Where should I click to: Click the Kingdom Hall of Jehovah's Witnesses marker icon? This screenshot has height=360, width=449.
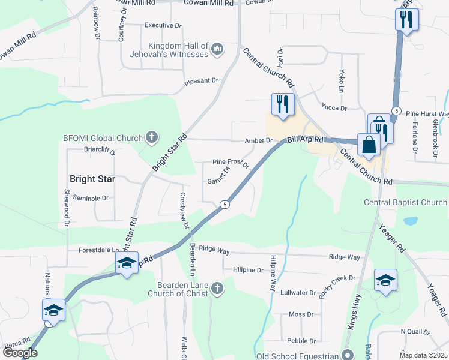(x=217, y=48)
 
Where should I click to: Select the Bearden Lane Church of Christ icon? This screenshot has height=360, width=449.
(x=217, y=289)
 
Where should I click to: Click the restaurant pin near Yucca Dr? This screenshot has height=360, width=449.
(x=280, y=104)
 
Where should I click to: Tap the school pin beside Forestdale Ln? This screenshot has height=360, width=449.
(x=127, y=263)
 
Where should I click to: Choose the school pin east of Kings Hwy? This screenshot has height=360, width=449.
(x=385, y=280)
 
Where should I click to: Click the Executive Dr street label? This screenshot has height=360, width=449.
(x=163, y=26)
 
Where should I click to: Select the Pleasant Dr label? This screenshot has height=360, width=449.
(x=201, y=80)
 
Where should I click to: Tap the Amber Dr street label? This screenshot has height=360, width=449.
(x=259, y=141)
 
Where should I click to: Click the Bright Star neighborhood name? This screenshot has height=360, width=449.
(x=92, y=179)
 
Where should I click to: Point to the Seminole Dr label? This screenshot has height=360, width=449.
(x=90, y=198)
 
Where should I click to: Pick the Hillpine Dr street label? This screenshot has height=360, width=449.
(x=248, y=270)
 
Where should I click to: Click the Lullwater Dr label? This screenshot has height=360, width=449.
(x=298, y=293)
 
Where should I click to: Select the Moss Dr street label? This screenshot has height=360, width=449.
(x=301, y=314)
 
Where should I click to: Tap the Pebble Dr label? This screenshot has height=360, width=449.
(x=297, y=340)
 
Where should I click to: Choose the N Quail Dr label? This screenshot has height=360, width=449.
(x=415, y=332)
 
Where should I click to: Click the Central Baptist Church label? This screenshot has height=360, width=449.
(x=405, y=203)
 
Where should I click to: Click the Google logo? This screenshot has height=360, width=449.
(x=20, y=353)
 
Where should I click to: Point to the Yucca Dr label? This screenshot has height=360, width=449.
(x=334, y=109)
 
